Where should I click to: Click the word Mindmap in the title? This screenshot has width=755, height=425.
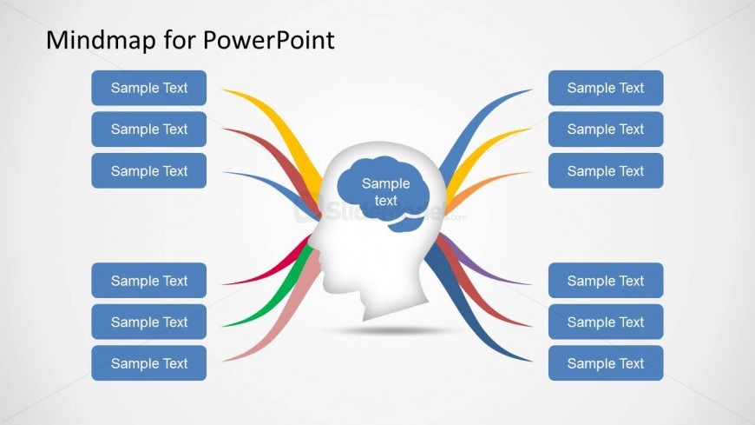click(102, 40)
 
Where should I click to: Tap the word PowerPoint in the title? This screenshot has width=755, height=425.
click(269, 40)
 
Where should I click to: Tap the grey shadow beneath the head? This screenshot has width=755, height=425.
click(392, 330)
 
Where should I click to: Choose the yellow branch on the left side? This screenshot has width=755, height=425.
click(279, 129)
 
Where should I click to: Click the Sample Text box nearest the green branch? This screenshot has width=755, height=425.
click(148, 322)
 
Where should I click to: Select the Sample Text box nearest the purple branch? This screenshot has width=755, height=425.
click(606, 280)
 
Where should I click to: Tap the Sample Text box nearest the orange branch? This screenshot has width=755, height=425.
click(606, 170)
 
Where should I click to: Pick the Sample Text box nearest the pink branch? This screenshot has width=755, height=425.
click(148, 362)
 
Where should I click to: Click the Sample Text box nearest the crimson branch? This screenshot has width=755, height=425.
click(148, 280)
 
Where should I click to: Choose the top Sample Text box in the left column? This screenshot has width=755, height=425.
click(148, 88)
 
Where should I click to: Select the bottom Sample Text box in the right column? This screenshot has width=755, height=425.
click(606, 362)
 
